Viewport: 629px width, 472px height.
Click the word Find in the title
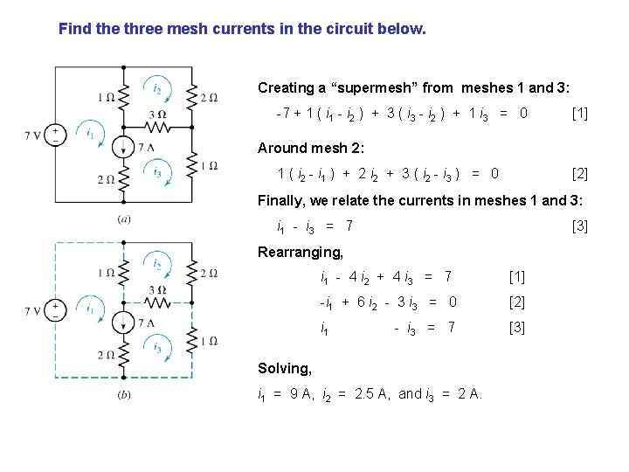(x=74, y=29)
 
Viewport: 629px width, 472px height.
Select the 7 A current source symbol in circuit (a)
(x=123, y=147)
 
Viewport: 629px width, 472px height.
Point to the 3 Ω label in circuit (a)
(x=157, y=115)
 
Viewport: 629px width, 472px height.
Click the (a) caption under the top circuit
(x=124, y=219)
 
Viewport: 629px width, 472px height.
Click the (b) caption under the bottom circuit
(x=124, y=395)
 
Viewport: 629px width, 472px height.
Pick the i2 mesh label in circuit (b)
(x=156, y=263)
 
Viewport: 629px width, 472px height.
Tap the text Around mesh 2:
(x=311, y=148)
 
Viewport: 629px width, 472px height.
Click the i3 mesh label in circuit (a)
(x=156, y=172)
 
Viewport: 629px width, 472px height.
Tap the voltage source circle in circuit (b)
(x=55, y=310)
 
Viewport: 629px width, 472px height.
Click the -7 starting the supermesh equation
(x=282, y=113)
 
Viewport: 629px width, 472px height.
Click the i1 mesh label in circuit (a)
(x=90, y=133)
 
